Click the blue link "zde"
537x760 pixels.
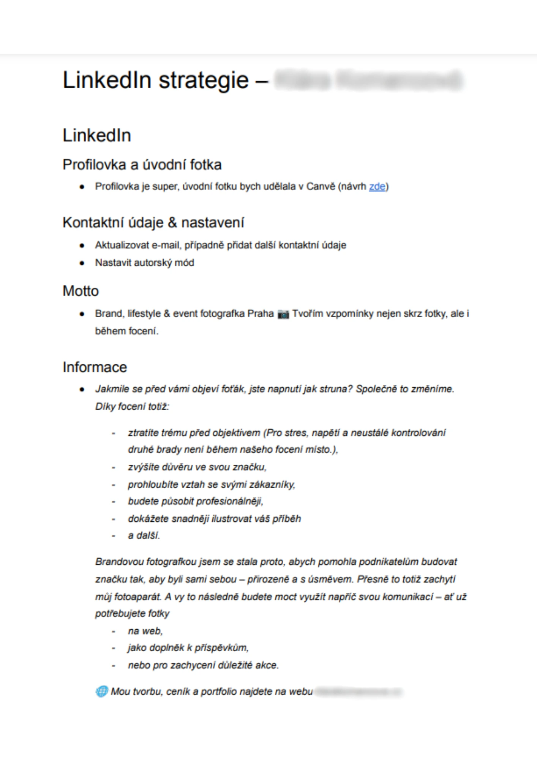click(377, 187)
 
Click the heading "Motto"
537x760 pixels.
click(81, 291)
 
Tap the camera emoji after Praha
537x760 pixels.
click(283, 314)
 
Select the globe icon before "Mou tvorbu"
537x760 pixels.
click(101, 691)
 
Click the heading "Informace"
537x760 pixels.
click(95, 367)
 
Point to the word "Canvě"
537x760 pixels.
click(321, 187)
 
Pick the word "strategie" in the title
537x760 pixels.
click(203, 80)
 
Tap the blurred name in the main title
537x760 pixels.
click(368, 80)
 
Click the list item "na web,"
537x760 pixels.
click(145, 631)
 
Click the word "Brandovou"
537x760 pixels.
click(119, 562)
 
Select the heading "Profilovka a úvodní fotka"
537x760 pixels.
click(142, 165)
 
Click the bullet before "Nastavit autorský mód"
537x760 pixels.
click(82, 263)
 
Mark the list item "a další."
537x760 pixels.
click(144, 536)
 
